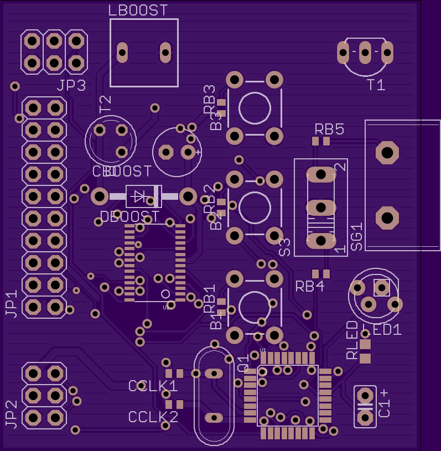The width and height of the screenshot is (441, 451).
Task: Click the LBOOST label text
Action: click(x=138, y=11)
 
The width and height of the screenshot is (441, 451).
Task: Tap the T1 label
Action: click(x=376, y=85)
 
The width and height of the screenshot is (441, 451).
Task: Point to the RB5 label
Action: click(x=329, y=129)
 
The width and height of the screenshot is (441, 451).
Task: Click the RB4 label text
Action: click(x=309, y=287)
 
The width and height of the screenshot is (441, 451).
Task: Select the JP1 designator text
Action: click(x=11, y=304)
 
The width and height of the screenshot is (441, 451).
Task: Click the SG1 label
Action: click(x=356, y=236)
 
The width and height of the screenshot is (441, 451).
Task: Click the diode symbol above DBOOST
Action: click(x=138, y=196)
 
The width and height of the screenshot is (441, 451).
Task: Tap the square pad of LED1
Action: click(x=381, y=288)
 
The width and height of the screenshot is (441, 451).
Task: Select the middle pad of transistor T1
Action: click(x=365, y=53)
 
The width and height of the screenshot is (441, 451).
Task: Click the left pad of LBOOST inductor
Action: click(x=122, y=53)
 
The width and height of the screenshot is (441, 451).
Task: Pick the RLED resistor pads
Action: click(x=365, y=352)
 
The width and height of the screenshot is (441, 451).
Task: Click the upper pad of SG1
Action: click(x=387, y=152)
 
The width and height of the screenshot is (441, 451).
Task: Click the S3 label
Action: click(x=285, y=247)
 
